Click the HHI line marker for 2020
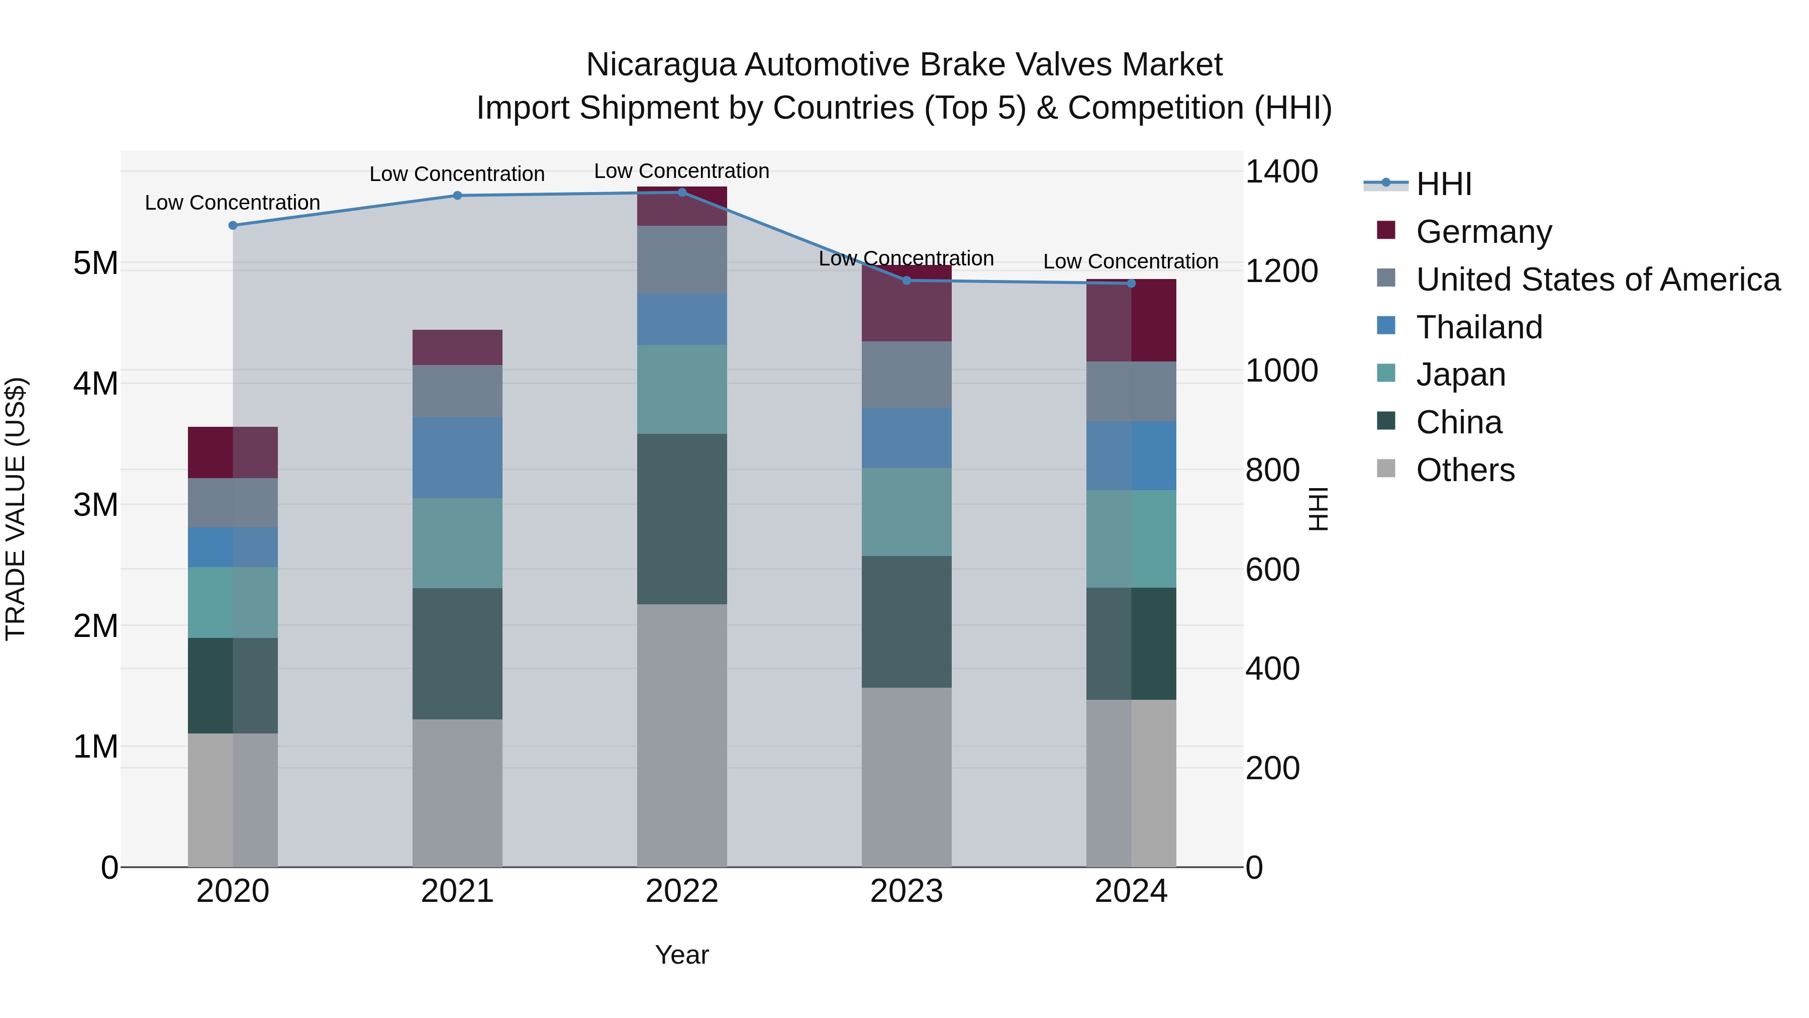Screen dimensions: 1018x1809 click(x=233, y=226)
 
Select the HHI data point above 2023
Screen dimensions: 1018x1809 click(x=906, y=281)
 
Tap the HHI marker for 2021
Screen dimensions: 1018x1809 click(x=457, y=196)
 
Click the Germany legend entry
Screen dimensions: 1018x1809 click(x=1483, y=232)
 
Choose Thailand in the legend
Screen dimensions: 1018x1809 click(x=1479, y=327)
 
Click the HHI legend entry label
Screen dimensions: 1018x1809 click(x=1444, y=184)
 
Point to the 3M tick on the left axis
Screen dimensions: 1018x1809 click(x=95, y=504)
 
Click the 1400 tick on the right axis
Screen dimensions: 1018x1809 click(x=1281, y=172)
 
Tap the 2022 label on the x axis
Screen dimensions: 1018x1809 click(x=681, y=891)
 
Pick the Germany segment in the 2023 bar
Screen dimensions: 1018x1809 click(x=906, y=304)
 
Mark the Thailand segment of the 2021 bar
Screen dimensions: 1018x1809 click(x=457, y=457)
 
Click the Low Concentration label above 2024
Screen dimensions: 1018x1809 click(x=1130, y=261)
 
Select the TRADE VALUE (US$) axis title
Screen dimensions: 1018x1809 click(x=16, y=509)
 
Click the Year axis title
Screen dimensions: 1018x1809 click(x=681, y=955)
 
